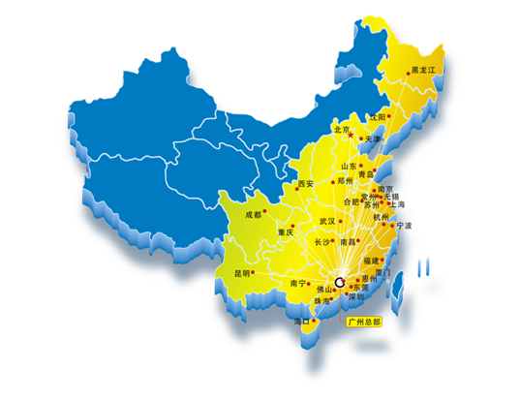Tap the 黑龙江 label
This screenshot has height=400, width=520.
[x=424, y=71]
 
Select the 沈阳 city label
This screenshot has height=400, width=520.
[x=377, y=116]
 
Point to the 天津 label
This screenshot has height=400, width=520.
[x=373, y=139]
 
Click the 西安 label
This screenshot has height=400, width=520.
[x=306, y=183]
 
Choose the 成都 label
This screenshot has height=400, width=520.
[x=254, y=215]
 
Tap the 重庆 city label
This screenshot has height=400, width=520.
[x=284, y=232]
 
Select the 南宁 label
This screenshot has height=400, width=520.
[x=299, y=284]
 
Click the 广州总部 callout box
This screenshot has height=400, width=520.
[x=364, y=320]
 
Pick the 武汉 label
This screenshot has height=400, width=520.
[x=326, y=221]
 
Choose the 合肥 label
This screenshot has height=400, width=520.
[x=347, y=201]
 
